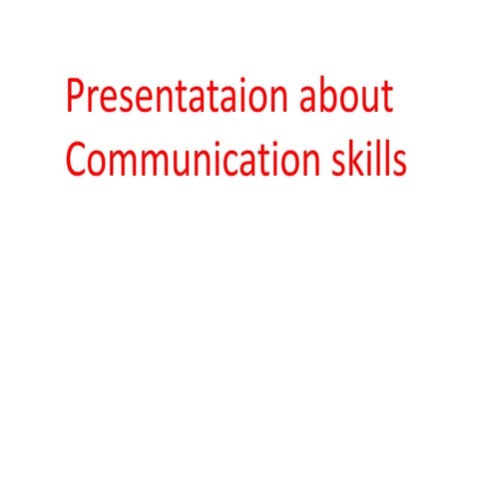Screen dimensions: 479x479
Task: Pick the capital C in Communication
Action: [77, 160]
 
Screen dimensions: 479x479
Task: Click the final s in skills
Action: [400, 162]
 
